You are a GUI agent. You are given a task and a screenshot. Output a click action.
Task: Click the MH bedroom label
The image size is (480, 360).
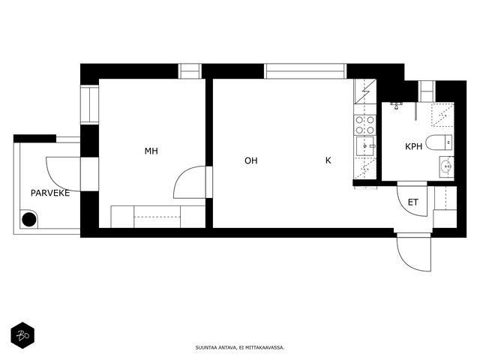[151, 151]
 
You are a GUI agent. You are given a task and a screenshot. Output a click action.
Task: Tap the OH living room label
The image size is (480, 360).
[251, 160]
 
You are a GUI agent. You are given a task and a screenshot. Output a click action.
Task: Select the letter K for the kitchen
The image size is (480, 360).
[328, 160]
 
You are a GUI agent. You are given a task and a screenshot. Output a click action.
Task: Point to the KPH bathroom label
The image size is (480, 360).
[413, 147]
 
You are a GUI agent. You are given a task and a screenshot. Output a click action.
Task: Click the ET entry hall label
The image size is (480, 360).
[413, 202]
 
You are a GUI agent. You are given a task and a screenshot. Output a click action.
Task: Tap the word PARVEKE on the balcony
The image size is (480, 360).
[50, 193]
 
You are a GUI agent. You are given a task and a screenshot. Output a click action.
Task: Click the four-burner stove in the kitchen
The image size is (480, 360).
[365, 125]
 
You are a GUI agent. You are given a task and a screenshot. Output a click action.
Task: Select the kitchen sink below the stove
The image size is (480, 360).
[365, 145]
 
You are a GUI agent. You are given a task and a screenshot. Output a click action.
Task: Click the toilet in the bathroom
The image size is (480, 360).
[439, 142]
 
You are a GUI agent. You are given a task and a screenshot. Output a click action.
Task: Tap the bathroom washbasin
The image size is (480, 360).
[447, 166]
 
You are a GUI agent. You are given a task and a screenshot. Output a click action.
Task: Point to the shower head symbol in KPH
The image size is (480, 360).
[396, 106]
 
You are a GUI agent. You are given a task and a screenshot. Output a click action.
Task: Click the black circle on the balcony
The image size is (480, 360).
[29, 219]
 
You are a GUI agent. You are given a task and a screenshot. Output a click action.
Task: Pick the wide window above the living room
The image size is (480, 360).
[305, 71]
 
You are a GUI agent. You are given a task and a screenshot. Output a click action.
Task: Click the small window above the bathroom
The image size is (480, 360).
[427, 91]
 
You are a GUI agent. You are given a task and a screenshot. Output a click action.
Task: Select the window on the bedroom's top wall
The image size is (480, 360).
[190, 71]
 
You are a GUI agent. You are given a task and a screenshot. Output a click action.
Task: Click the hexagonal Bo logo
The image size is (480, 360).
[22, 335]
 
